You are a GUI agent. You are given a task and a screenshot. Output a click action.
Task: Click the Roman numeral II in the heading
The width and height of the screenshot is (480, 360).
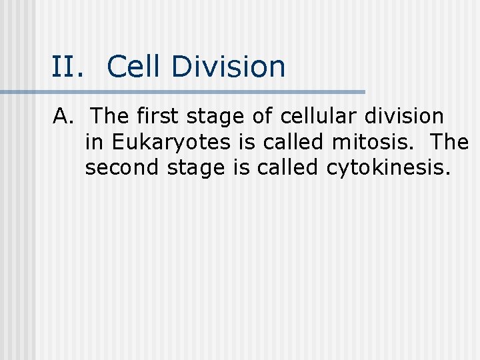coord(67,67)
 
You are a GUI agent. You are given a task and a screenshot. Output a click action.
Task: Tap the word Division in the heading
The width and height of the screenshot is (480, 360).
coord(228,67)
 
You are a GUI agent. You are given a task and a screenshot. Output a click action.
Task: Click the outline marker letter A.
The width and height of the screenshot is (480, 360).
coord(61,117)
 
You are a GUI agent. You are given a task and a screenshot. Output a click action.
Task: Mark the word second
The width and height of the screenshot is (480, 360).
coord(123,168)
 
